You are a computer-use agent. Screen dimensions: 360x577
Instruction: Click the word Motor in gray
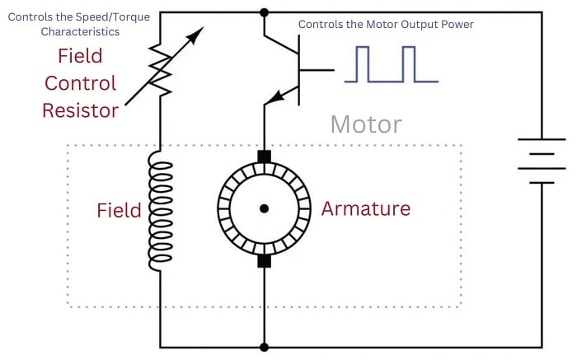pyautogui.click(x=366, y=124)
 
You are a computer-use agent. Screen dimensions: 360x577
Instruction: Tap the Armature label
pyautogui.click(x=365, y=209)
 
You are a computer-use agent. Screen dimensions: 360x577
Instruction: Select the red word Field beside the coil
pyautogui.click(x=119, y=210)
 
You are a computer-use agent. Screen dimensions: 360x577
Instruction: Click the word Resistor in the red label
pyautogui.click(x=81, y=110)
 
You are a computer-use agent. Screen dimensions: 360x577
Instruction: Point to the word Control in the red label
pyautogui.click(x=80, y=83)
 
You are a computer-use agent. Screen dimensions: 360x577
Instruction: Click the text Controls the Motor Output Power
pyautogui.click(x=386, y=25)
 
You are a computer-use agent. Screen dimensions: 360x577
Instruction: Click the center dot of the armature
pyautogui.click(x=264, y=208)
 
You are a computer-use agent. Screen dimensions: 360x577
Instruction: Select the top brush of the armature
pyautogui.click(x=264, y=157)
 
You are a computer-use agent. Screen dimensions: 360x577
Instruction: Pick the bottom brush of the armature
pyautogui.click(x=264, y=260)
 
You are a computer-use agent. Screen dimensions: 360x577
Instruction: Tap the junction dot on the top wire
pyautogui.click(x=264, y=12)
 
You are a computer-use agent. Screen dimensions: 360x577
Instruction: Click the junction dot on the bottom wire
pyautogui.click(x=264, y=347)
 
